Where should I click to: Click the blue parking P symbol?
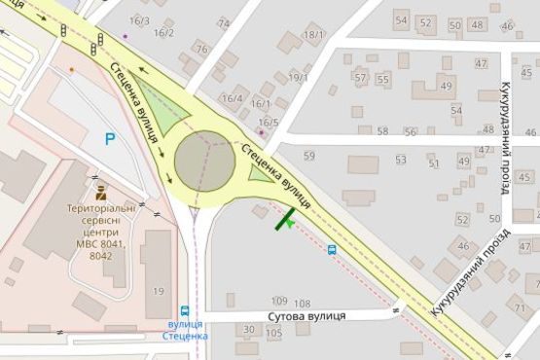click(x=110, y=139)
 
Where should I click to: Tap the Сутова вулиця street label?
click(x=309, y=316)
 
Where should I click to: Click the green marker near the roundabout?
click(x=286, y=221)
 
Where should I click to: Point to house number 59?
click(x=309, y=156)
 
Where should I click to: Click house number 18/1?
click(x=313, y=35)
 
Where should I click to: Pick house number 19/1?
click(x=298, y=78)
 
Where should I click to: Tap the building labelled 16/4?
click(x=232, y=98)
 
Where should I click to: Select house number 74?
click(x=224, y=23)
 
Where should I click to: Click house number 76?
click(x=201, y=49)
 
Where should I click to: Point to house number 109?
click(x=279, y=302)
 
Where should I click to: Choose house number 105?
click(x=273, y=333)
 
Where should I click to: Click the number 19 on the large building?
click(x=158, y=291)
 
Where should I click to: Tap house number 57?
click(x=360, y=78)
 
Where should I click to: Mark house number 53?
click(x=400, y=160)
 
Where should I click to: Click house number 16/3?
click(x=139, y=20)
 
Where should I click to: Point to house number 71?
click(x=521, y=309)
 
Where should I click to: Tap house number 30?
click(x=249, y=330)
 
